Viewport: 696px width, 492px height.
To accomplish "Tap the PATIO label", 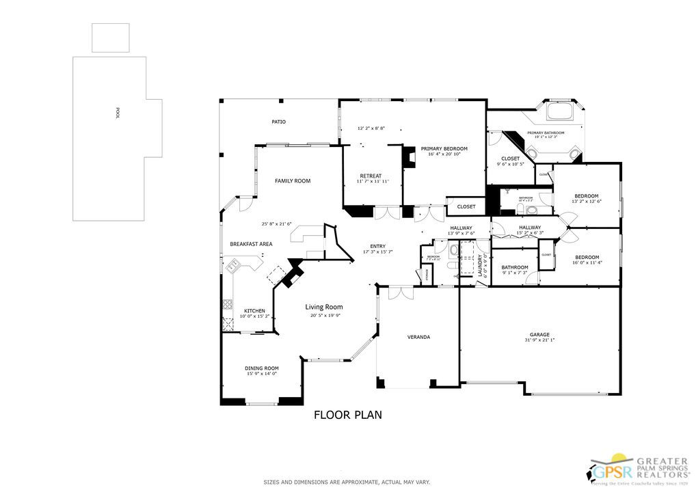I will (x=278, y=122).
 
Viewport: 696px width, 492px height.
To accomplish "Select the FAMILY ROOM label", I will (x=293, y=181).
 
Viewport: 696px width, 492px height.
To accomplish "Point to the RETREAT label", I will (x=370, y=176).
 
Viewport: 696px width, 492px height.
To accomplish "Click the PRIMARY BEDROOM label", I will (x=444, y=148).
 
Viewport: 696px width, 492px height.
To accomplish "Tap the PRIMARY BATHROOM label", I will (x=546, y=132).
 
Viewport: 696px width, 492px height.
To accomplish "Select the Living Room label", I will (x=323, y=307).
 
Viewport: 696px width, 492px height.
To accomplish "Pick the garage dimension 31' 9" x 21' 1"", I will (x=539, y=340).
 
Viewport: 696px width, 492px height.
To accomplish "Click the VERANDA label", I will (x=418, y=337).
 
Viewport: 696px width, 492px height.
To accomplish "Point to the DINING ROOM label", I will (x=262, y=368).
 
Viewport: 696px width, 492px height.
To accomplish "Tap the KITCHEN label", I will (x=254, y=311).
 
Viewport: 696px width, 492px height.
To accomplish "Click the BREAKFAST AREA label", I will (x=251, y=244).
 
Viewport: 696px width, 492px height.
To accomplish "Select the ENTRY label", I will (x=378, y=246).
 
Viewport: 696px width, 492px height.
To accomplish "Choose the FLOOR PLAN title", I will (x=347, y=414).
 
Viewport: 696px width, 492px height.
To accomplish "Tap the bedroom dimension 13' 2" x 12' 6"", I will (x=587, y=202).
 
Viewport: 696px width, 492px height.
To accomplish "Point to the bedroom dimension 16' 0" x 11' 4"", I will (x=587, y=262).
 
